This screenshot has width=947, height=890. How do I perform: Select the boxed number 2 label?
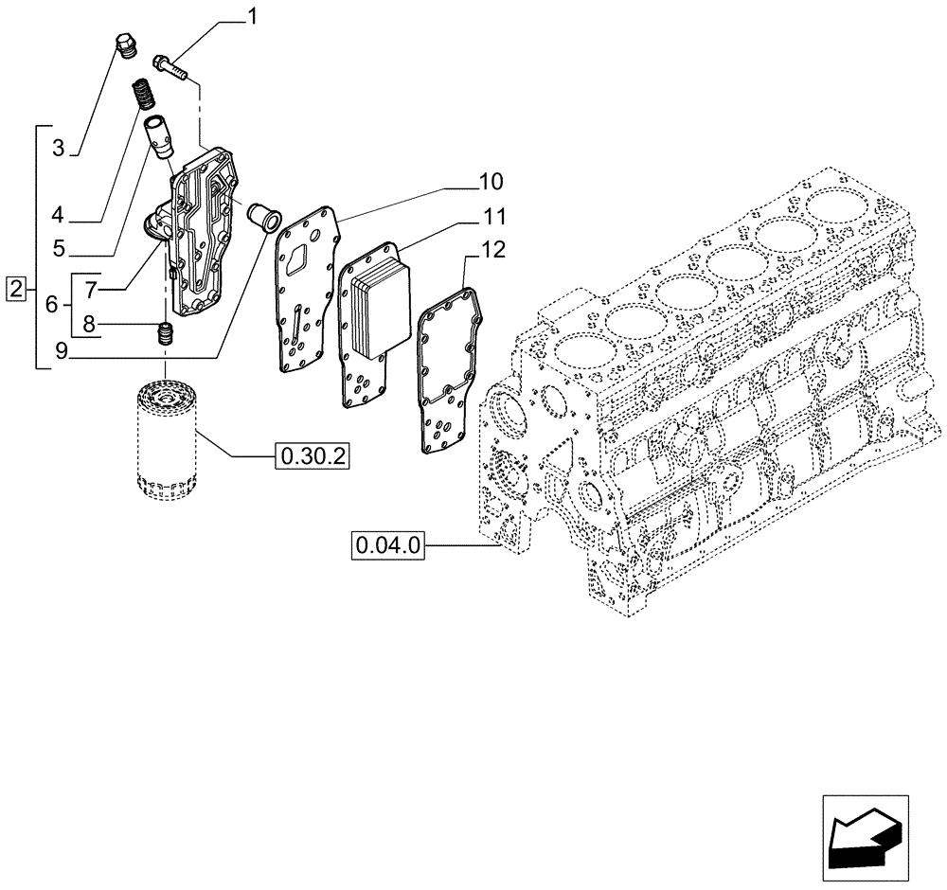15,287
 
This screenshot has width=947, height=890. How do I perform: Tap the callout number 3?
59,148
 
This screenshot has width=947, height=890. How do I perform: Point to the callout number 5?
59,249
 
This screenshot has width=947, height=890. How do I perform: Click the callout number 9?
60,352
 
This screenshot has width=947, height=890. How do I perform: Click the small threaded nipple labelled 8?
166,334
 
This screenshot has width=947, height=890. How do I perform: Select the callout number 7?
93,286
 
